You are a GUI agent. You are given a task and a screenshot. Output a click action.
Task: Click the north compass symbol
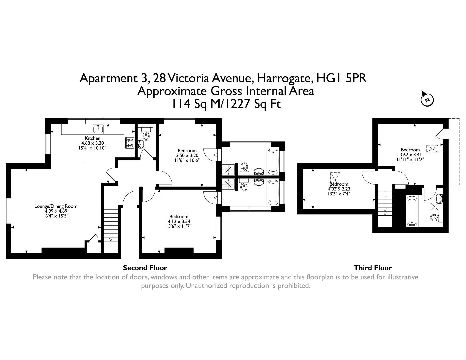[427, 99]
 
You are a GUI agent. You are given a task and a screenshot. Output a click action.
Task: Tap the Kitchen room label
[92, 138]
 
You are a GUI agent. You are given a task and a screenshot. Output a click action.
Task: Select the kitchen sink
[98, 129]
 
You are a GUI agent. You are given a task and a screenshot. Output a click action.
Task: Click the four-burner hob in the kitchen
[129, 143]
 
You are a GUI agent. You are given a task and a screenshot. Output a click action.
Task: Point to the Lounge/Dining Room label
[56, 206]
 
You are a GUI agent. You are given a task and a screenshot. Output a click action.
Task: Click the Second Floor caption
[145, 268]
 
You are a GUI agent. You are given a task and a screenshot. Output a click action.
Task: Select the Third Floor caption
[373, 268]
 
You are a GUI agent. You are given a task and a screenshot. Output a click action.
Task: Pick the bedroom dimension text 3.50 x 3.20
[187, 155]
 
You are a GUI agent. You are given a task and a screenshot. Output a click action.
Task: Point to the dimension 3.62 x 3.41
[410, 155]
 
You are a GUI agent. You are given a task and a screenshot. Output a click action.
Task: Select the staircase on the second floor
[110, 225]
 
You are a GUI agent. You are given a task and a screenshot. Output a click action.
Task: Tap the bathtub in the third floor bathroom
[412, 211]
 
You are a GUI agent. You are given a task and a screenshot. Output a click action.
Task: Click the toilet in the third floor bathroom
[435, 218]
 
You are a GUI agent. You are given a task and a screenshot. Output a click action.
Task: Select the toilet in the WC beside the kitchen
[146, 134]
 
